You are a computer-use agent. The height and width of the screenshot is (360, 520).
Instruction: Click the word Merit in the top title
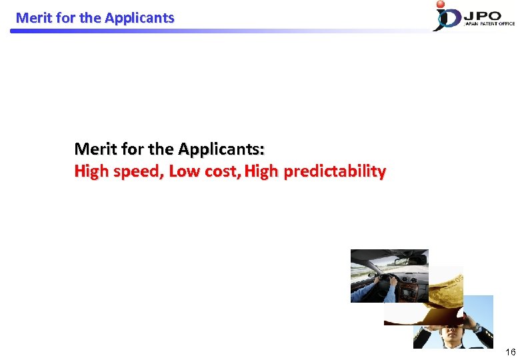click(x=31, y=18)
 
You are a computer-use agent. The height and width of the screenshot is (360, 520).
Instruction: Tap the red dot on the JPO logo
click(x=440, y=5)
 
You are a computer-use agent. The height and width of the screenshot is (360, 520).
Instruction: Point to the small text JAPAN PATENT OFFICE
click(x=489, y=23)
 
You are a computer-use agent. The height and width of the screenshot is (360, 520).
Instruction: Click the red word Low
click(x=183, y=171)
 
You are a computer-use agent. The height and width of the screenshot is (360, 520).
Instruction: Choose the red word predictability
click(x=335, y=172)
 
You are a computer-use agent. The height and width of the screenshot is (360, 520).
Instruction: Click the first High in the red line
click(x=91, y=171)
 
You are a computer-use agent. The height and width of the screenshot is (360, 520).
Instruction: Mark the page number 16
click(x=510, y=352)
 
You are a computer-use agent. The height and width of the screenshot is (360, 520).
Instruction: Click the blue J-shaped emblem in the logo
click(x=443, y=19)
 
